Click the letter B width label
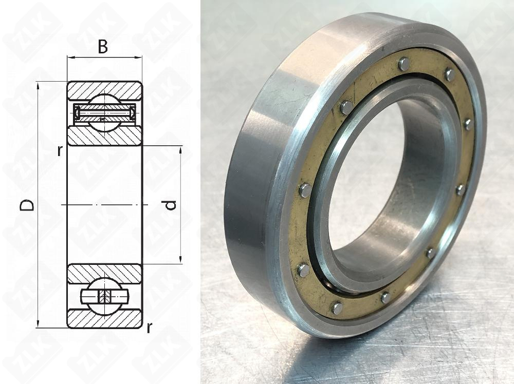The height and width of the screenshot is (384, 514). pos(103,47)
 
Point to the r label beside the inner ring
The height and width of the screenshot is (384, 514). pos(60,150)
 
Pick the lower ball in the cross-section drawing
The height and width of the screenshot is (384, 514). pos(104,297)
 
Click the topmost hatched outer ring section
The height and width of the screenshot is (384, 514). pos(104,89)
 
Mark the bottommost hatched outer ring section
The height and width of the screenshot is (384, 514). pos(104,319)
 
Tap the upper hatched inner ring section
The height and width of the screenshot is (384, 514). pos(104,136)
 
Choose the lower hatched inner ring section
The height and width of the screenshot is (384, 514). pos(104,274)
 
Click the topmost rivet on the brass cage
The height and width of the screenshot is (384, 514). pos(405,64)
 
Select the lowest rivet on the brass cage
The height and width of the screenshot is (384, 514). pos(337,308)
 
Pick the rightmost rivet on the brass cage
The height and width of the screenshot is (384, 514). pos(468,124)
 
